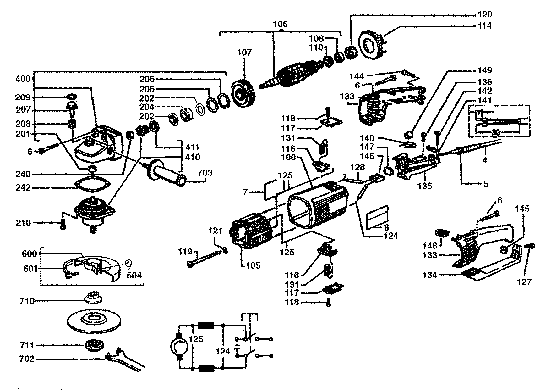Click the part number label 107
(244, 52)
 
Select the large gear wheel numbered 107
(243, 93)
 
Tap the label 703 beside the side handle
(205, 173)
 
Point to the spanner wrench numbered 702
(126, 359)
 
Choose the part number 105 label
(253, 265)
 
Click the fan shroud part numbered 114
(373, 44)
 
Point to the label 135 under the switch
(425, 186)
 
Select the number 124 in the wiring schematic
(223, 351)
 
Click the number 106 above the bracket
(280, 24)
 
